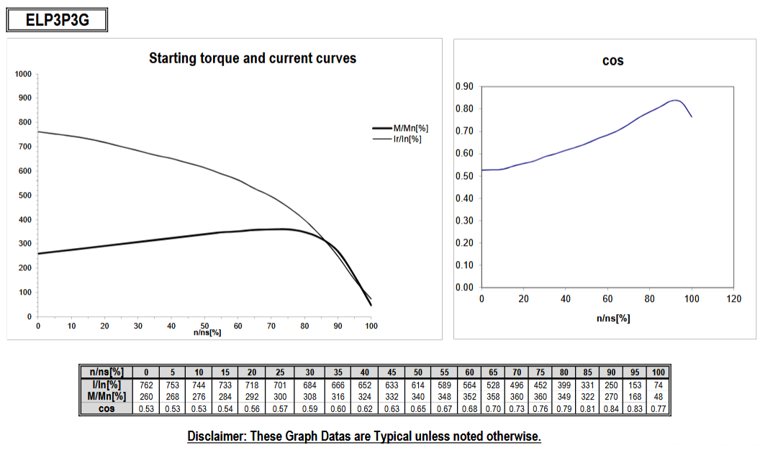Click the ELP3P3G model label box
pos(57,20)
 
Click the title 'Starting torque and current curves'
pos(253,58)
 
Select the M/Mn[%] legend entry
pos(400,129)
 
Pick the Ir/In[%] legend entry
pos(397,139)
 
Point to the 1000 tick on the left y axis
pos(23,74)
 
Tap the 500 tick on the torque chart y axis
pos(25,196)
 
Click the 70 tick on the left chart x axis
pos(271,326)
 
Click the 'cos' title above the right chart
pos(612,61)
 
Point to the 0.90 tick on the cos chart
pos(464,87)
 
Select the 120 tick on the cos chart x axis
pos(733,299)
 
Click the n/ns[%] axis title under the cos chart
pos(613,318)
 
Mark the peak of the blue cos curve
pos(675,100)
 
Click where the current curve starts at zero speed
pos(38,132)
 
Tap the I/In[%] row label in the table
pos(107,385)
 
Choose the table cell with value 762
pos(146,385)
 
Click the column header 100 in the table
pos(659,372)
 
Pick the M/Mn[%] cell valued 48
pos(659,397)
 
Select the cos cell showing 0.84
pos(611,409)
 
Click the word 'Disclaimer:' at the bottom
pos(217,436)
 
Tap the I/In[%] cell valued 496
pos(517,385)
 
